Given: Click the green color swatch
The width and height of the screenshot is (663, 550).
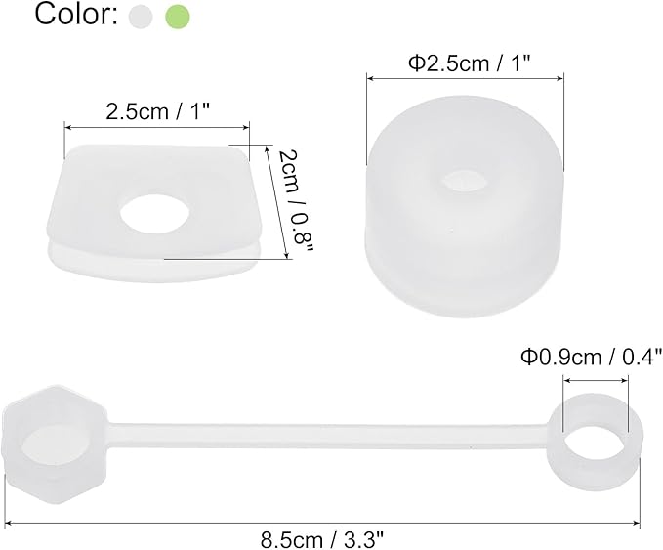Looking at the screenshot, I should [x=179, y=16].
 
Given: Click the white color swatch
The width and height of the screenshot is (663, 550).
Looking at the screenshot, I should [x=143, y=16].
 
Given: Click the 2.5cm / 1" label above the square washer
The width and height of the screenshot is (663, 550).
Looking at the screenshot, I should [x=157, y=110].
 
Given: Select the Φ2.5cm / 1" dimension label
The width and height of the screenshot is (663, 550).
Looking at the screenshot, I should [x=467, y=63].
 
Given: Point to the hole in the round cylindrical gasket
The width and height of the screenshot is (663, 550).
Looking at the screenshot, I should [x=466, y=183].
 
